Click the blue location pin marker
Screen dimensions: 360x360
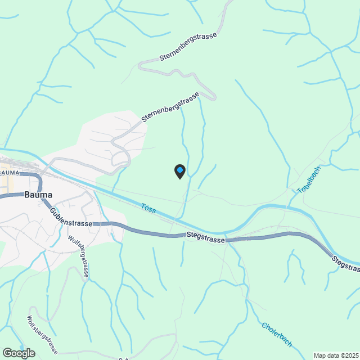coord(179,171)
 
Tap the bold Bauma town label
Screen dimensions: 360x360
coord(38,195)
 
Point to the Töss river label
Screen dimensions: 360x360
coord(148,209)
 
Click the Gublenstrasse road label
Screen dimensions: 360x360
coord(71,218)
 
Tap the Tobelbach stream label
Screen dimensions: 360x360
coord(308,179)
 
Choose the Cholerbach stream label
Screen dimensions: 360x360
coord(276,334)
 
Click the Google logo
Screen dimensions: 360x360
coord(18,353)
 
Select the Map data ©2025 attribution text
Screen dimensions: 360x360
coord(336,355)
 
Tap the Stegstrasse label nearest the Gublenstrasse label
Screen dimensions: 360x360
coord(206,236)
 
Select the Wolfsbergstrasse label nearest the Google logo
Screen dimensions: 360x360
coord(42,335)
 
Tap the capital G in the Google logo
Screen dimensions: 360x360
coord(7,353)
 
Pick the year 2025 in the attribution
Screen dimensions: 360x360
coord(352,355)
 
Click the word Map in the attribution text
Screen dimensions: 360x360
coord(319,355)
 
